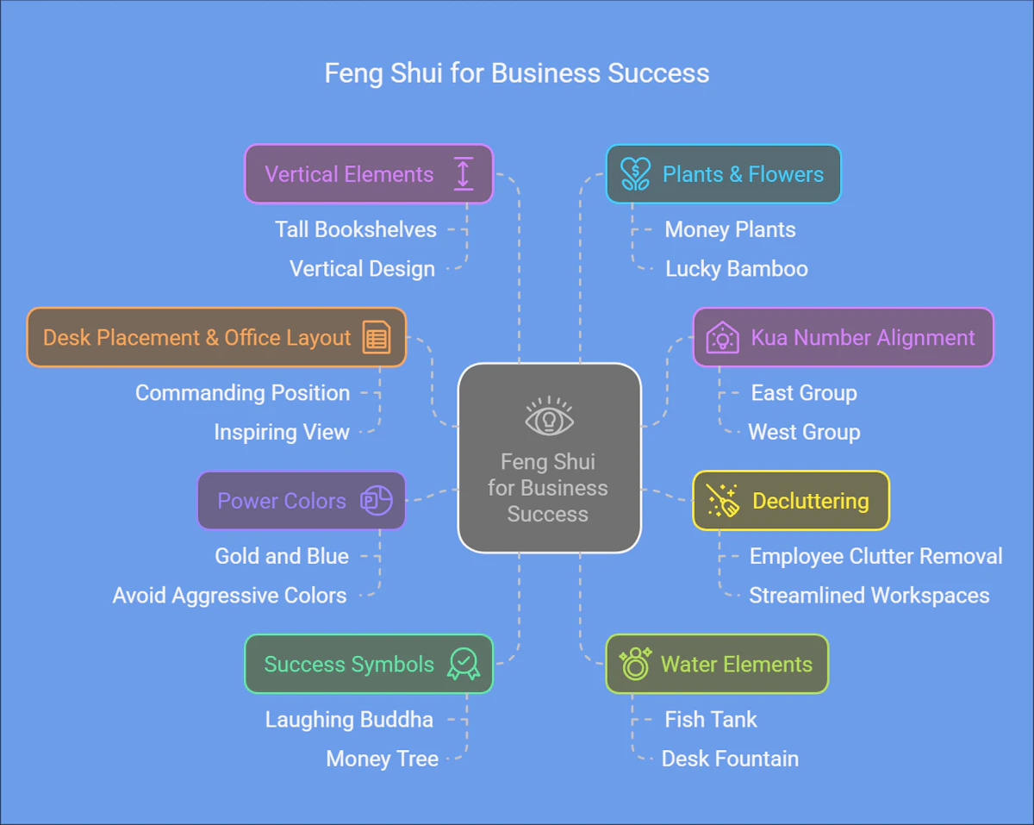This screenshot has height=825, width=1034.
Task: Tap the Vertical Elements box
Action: point(368,174)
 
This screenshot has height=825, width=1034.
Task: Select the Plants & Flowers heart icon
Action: point(636,174)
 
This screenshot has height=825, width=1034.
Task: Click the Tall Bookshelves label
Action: point(356,229)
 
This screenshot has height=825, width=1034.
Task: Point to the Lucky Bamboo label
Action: point(737,269)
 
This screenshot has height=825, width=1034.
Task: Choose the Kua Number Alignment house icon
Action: point(722,337)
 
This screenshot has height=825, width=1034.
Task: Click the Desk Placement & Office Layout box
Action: point(215,337)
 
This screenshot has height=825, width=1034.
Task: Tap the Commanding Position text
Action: point(243,393)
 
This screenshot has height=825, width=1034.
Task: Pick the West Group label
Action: point(804,432)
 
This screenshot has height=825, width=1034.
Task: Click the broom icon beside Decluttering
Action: point(722,501)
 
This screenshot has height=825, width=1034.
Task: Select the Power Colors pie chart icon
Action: point(376,501)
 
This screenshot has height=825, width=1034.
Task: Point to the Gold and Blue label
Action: point(282,556)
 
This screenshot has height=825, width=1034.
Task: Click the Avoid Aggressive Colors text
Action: point(230,596)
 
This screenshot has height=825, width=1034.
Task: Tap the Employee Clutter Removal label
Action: point(875,556)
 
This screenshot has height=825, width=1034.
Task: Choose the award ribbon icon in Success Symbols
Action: point(464,664)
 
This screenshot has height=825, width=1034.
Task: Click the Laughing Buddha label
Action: point(349,720)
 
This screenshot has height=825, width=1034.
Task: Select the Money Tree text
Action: point(383,759)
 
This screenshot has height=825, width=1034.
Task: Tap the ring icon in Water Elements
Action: point(635,664)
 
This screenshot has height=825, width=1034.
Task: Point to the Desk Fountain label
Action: point(730,759)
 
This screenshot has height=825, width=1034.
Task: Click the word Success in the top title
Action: point(658,73)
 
